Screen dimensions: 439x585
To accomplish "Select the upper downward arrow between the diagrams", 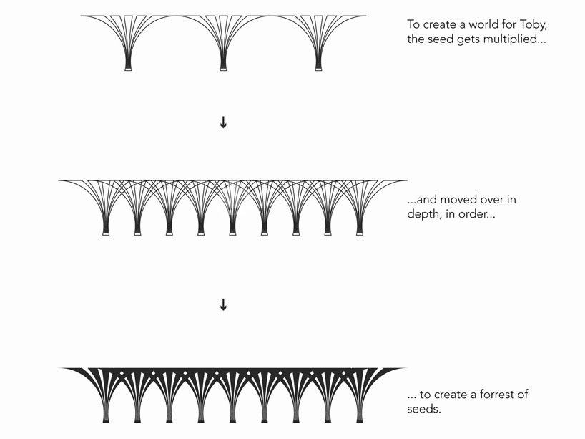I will pos(223,122).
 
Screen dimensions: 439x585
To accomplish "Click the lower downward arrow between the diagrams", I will pos(223,305).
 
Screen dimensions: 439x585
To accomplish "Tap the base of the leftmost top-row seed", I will pos(129,69).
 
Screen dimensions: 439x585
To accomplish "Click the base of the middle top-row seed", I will pos(223,69).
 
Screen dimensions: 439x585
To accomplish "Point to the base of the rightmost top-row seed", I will pos(318,69).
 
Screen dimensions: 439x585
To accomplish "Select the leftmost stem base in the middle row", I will pos(106,233).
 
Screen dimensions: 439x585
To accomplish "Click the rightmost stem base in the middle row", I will pos(360,233).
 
